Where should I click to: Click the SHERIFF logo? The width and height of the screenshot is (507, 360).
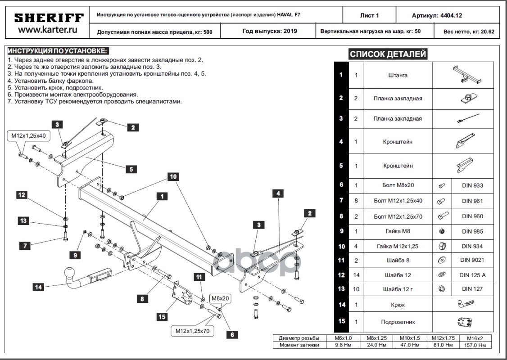point(49,18)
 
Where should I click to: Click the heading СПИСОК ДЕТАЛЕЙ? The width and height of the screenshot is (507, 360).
point(388,54)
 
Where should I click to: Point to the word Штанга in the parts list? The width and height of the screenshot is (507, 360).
point(398,75)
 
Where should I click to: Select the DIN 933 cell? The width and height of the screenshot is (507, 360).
point(472,185)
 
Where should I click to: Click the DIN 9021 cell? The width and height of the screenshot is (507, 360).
point(472,260)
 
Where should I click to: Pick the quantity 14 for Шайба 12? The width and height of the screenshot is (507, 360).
point(356,275)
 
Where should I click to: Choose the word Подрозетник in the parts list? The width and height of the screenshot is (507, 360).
point(398,322)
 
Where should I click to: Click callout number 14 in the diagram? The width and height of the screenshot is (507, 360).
point(39,287)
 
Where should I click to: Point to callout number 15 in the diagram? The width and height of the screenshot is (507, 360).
point(162,317)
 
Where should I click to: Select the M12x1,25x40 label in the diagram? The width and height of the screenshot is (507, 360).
point(29,135)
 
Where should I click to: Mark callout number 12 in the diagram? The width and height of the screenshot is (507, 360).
point(22,195)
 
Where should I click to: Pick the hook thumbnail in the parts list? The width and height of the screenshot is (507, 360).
point(464,305)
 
